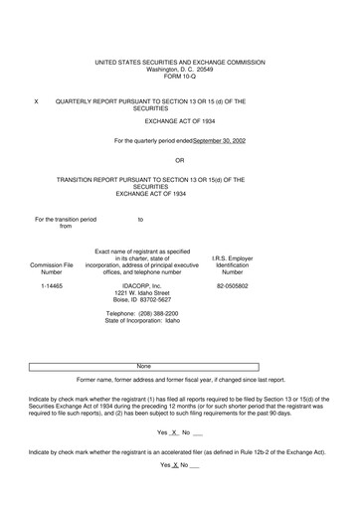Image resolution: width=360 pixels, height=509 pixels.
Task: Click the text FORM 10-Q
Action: click(180, 78)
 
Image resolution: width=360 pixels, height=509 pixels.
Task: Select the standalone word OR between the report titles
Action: click(179, 160)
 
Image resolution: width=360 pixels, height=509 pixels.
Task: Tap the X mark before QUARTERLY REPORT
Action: click(36, 101)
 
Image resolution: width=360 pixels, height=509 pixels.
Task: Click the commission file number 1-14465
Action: click(52, 285)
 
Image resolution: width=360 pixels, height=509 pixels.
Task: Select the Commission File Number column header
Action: click(52, 269)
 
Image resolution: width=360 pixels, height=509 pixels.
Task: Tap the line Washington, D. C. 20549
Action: click(180, 70)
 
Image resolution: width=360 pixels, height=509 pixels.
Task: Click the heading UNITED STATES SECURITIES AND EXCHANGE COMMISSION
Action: click(180, 62)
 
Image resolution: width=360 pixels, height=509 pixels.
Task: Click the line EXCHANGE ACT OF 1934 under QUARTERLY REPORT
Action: click(179, 120)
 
